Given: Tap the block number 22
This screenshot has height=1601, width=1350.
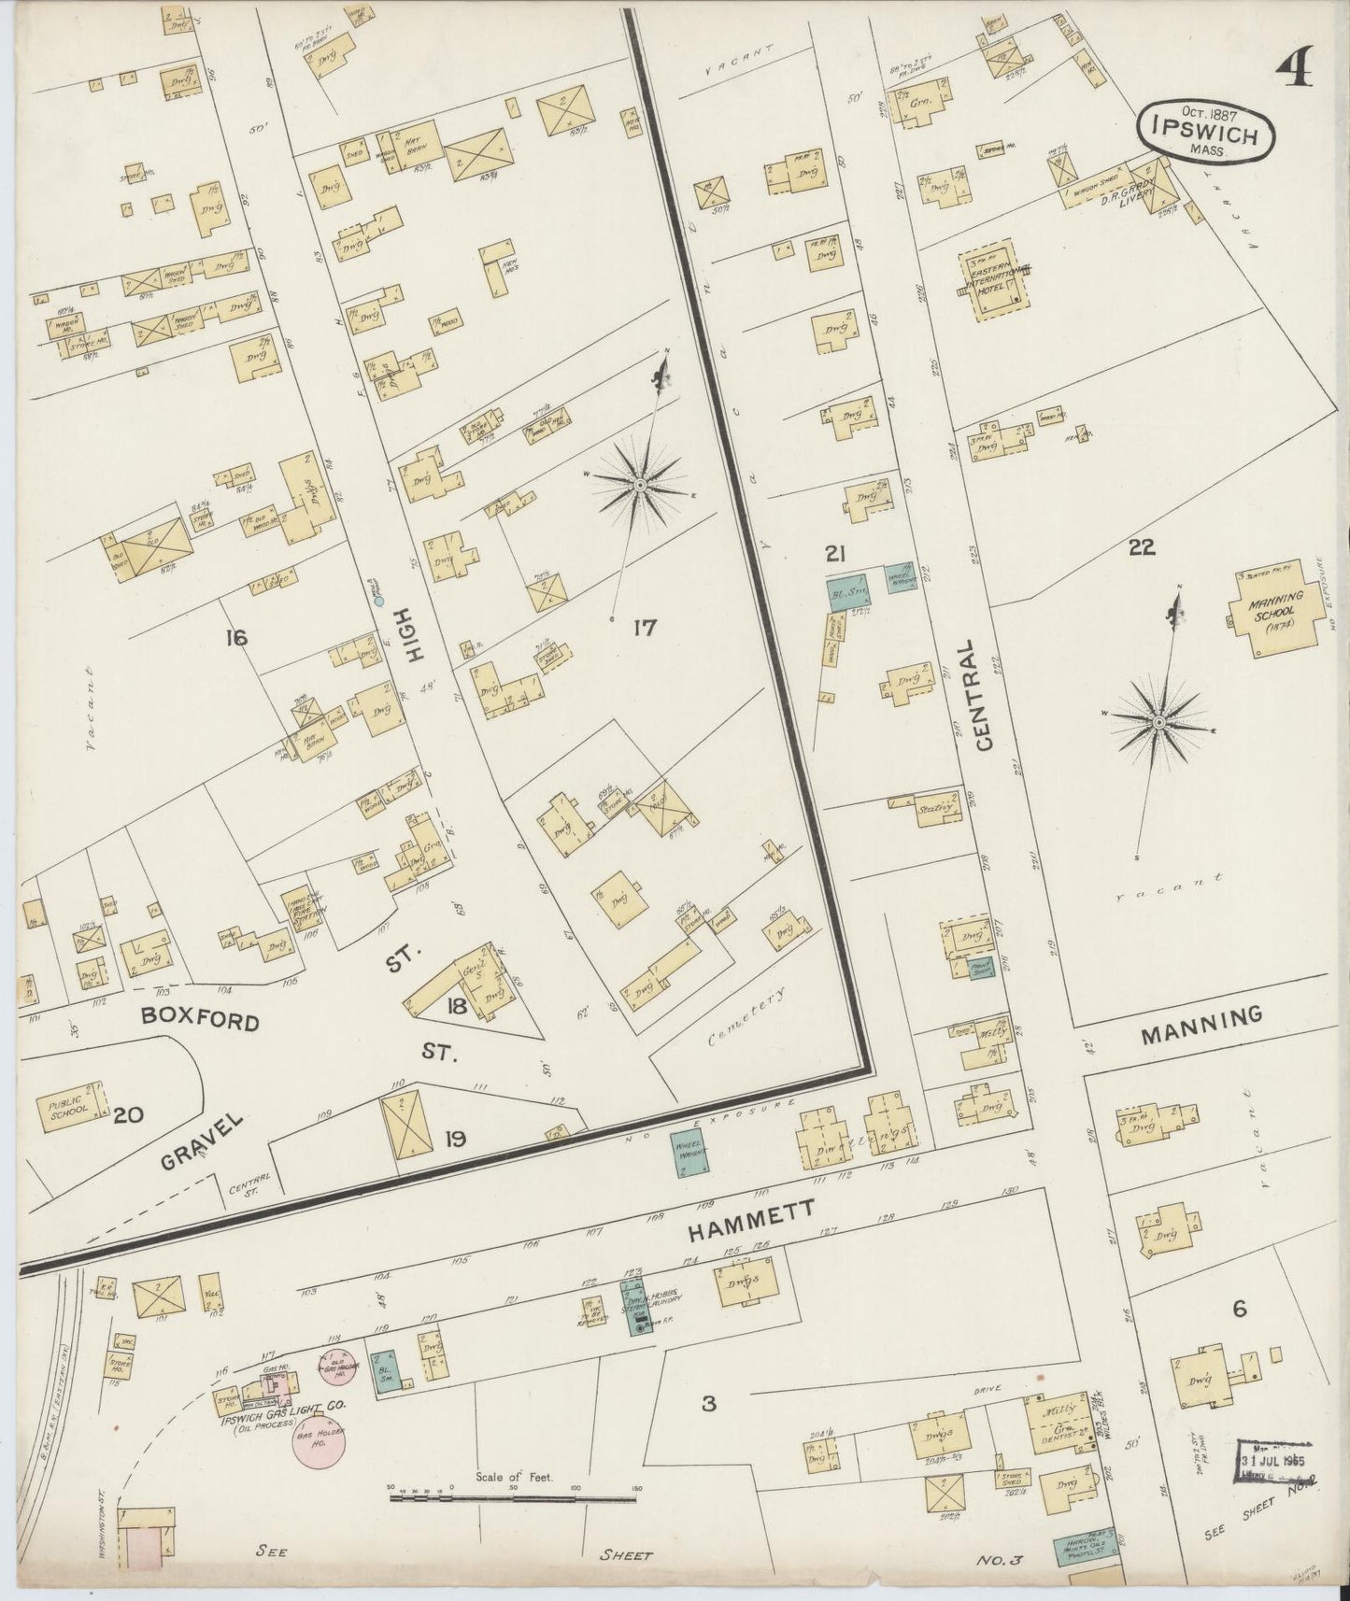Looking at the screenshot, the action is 1141,548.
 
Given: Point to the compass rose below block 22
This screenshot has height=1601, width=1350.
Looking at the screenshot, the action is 1158,722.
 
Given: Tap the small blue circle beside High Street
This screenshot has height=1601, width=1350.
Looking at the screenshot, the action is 379,602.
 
